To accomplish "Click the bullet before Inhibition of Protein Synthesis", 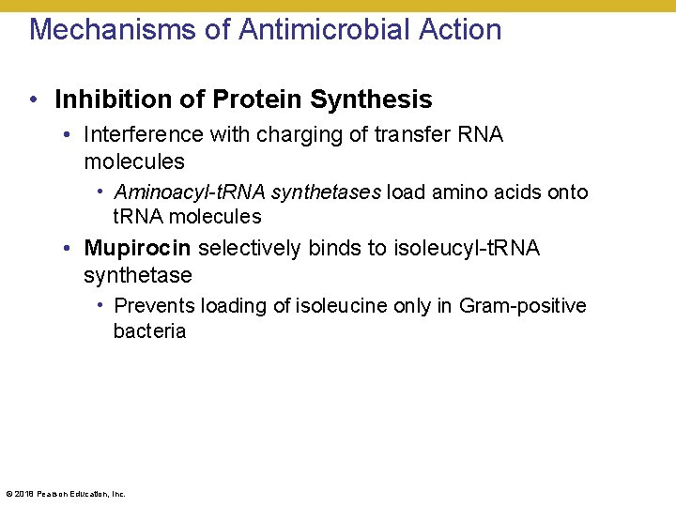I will click(x=34, y=100).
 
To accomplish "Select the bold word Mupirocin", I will click(x=137, y=249).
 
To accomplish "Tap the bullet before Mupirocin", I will click(x=69, y=249).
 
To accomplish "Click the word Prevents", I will click(x=154, y=306).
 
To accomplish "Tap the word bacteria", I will click(x=149, y=330).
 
